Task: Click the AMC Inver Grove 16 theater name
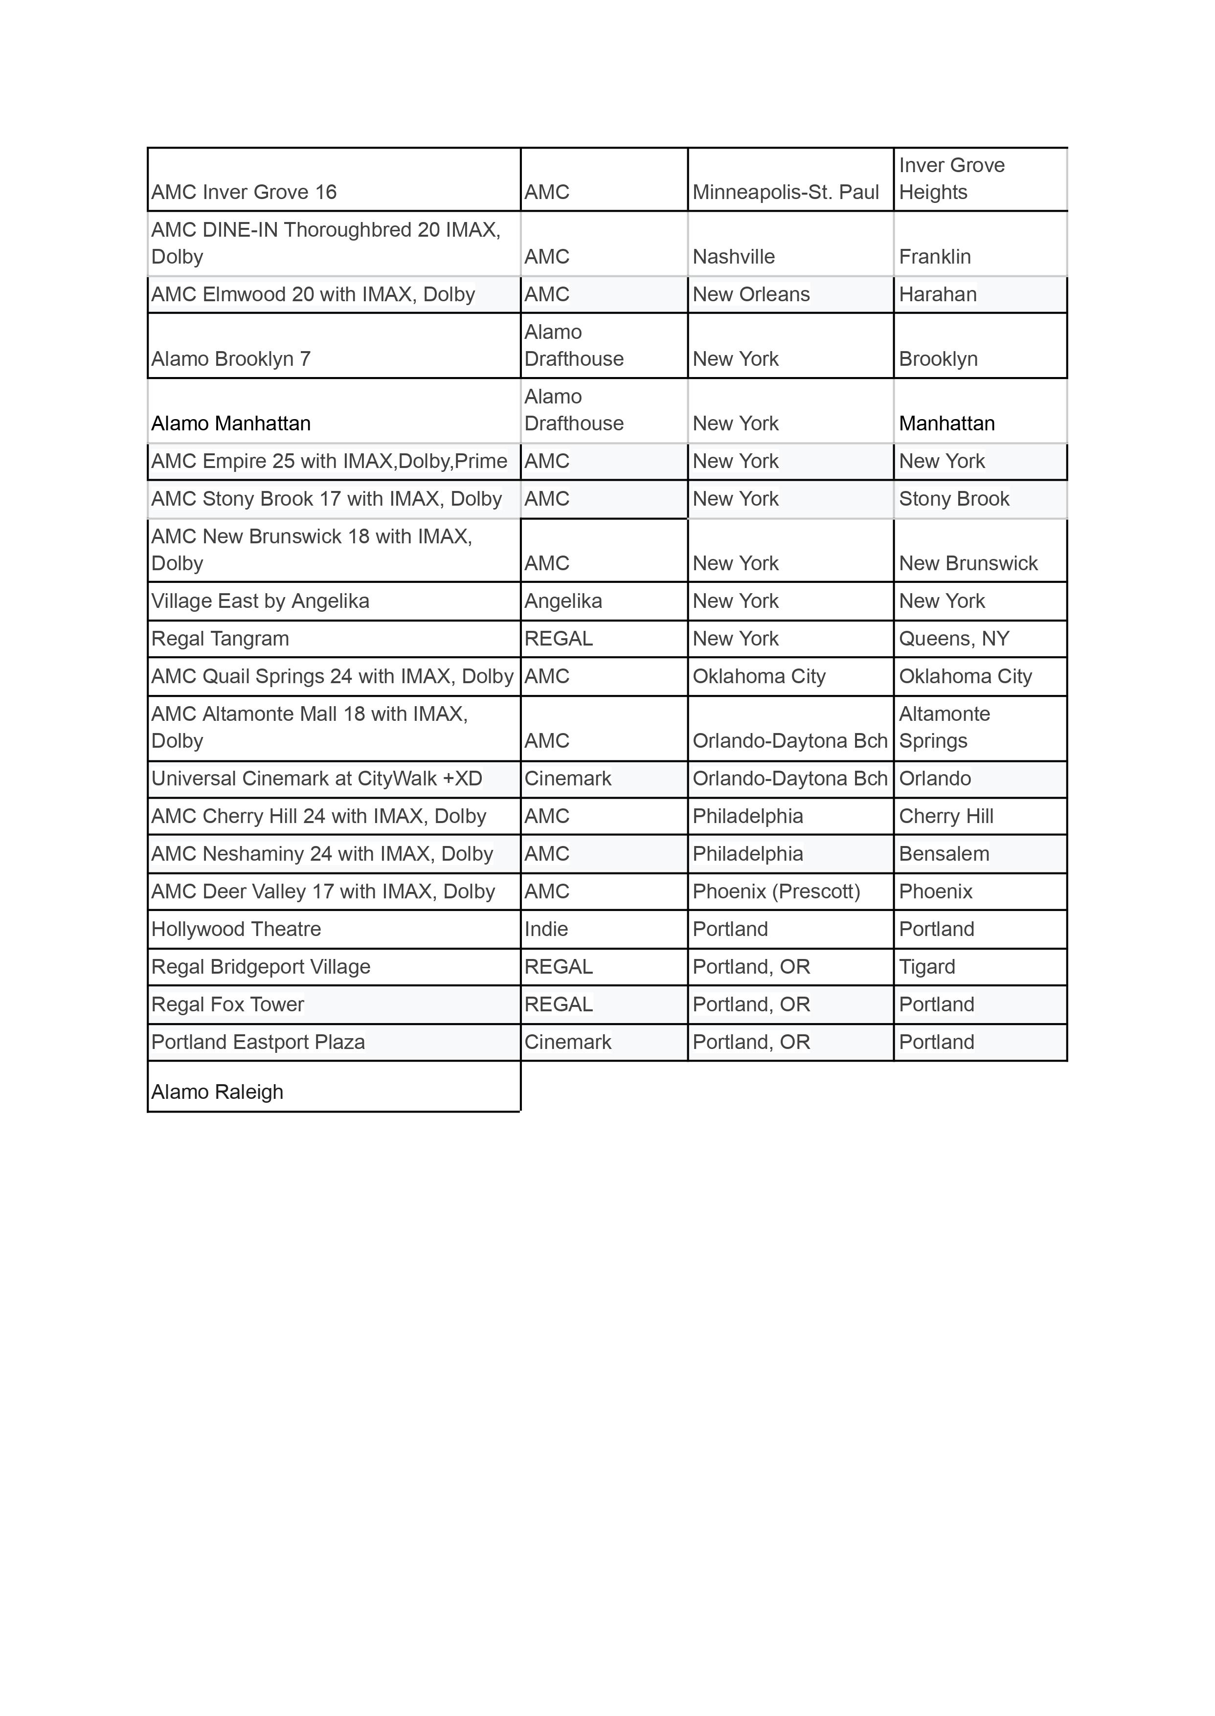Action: click(244, 192)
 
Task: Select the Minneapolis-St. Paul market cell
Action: click(786, 192)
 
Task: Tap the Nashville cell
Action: click(733, 257)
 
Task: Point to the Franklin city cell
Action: click(934, 257)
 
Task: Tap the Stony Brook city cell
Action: click(954, 498)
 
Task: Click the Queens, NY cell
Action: click(954, 638)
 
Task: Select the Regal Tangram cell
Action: click(220, 638)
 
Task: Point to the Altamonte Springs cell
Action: click(944, 727)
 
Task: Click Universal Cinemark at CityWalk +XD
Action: click(316, 778)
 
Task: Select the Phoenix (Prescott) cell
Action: click(776, 891)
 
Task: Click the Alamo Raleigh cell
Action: click(218, 1092)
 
